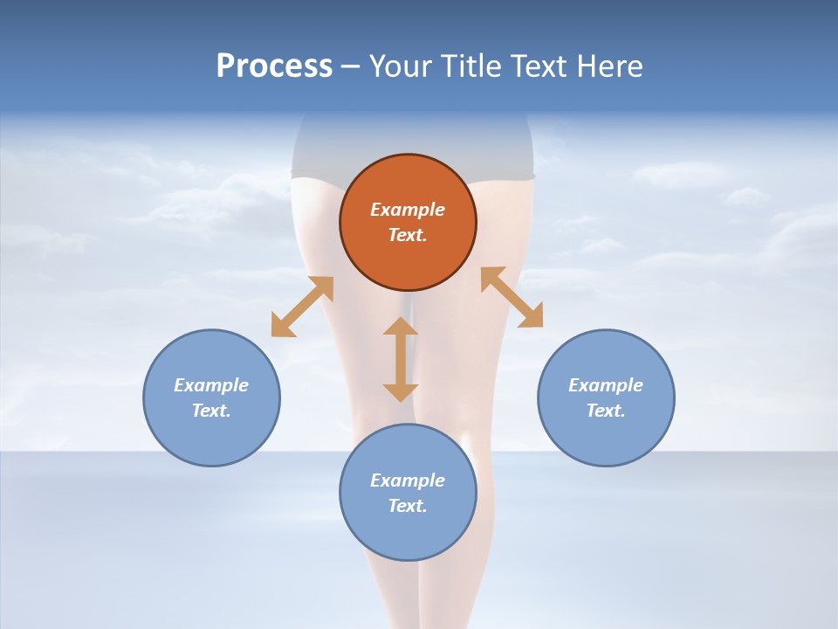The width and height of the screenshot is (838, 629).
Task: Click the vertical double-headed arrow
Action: [x=401, y=359]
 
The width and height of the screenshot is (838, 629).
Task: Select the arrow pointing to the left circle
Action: [x=302, y=307]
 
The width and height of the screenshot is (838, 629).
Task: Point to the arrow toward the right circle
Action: [x=512, y=297]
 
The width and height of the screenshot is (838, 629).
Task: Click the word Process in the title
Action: [x=274, y=66]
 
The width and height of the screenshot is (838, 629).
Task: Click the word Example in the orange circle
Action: [x=408, y=210]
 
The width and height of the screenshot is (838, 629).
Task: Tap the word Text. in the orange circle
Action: [x=408, y=235]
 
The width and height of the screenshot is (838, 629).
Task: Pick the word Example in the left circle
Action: [x=211, y=385]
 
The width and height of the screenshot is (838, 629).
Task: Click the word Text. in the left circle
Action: [x=211, y=411]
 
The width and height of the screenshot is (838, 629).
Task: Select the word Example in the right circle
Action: [x=606, y=385]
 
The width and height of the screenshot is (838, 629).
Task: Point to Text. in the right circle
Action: [x=606, y=411]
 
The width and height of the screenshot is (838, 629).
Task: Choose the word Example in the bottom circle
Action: [x=408, y=480]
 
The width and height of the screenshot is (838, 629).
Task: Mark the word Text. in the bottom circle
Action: [x=408, y=506]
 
